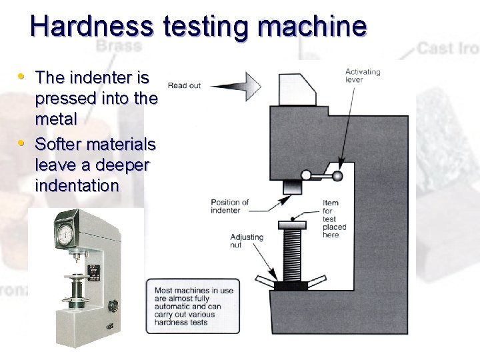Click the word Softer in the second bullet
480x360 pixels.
[x=59, y=144]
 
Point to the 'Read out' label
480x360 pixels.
[x=184, y=85]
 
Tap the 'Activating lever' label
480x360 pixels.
[x=363, y=75]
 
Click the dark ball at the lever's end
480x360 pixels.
[x=338, y=177]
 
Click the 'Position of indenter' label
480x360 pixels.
[x=230, y=207]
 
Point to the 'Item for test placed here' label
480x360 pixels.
[x=331, y=219]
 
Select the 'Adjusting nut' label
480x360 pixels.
[x=246, y=241]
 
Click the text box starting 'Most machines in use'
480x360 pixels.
[x=192, y=306]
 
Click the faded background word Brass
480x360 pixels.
[x=119, y=46]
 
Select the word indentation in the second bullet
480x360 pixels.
[x=77, y=186]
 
